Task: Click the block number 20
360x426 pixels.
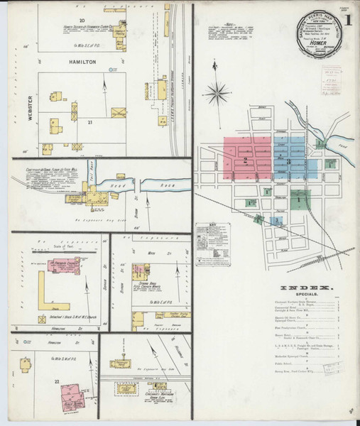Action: coord(82,20)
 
